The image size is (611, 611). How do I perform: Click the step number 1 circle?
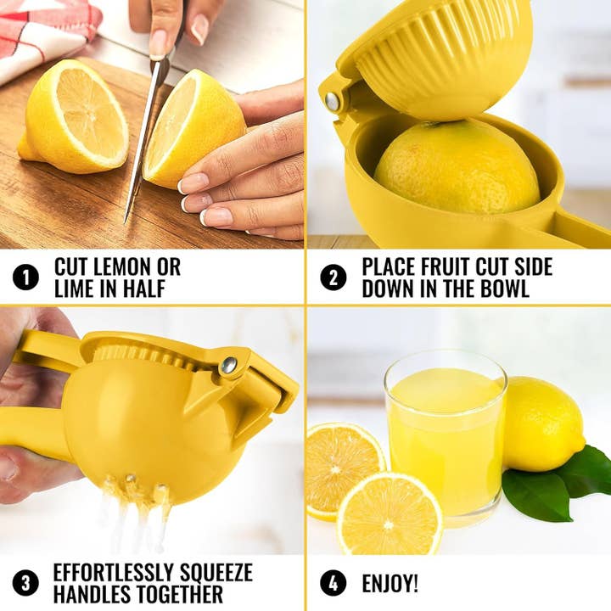click(26, 277)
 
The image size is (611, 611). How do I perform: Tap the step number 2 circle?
click(334, 277)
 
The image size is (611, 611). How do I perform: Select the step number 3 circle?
click(26, 583)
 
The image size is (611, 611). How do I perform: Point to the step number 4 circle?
click(334, 583)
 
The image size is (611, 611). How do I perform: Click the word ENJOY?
click(390, 584)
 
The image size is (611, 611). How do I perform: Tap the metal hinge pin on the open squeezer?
click(332, 101)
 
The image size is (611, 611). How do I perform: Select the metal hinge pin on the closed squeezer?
click(229, 365)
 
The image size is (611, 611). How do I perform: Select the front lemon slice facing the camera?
click(390, 513)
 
